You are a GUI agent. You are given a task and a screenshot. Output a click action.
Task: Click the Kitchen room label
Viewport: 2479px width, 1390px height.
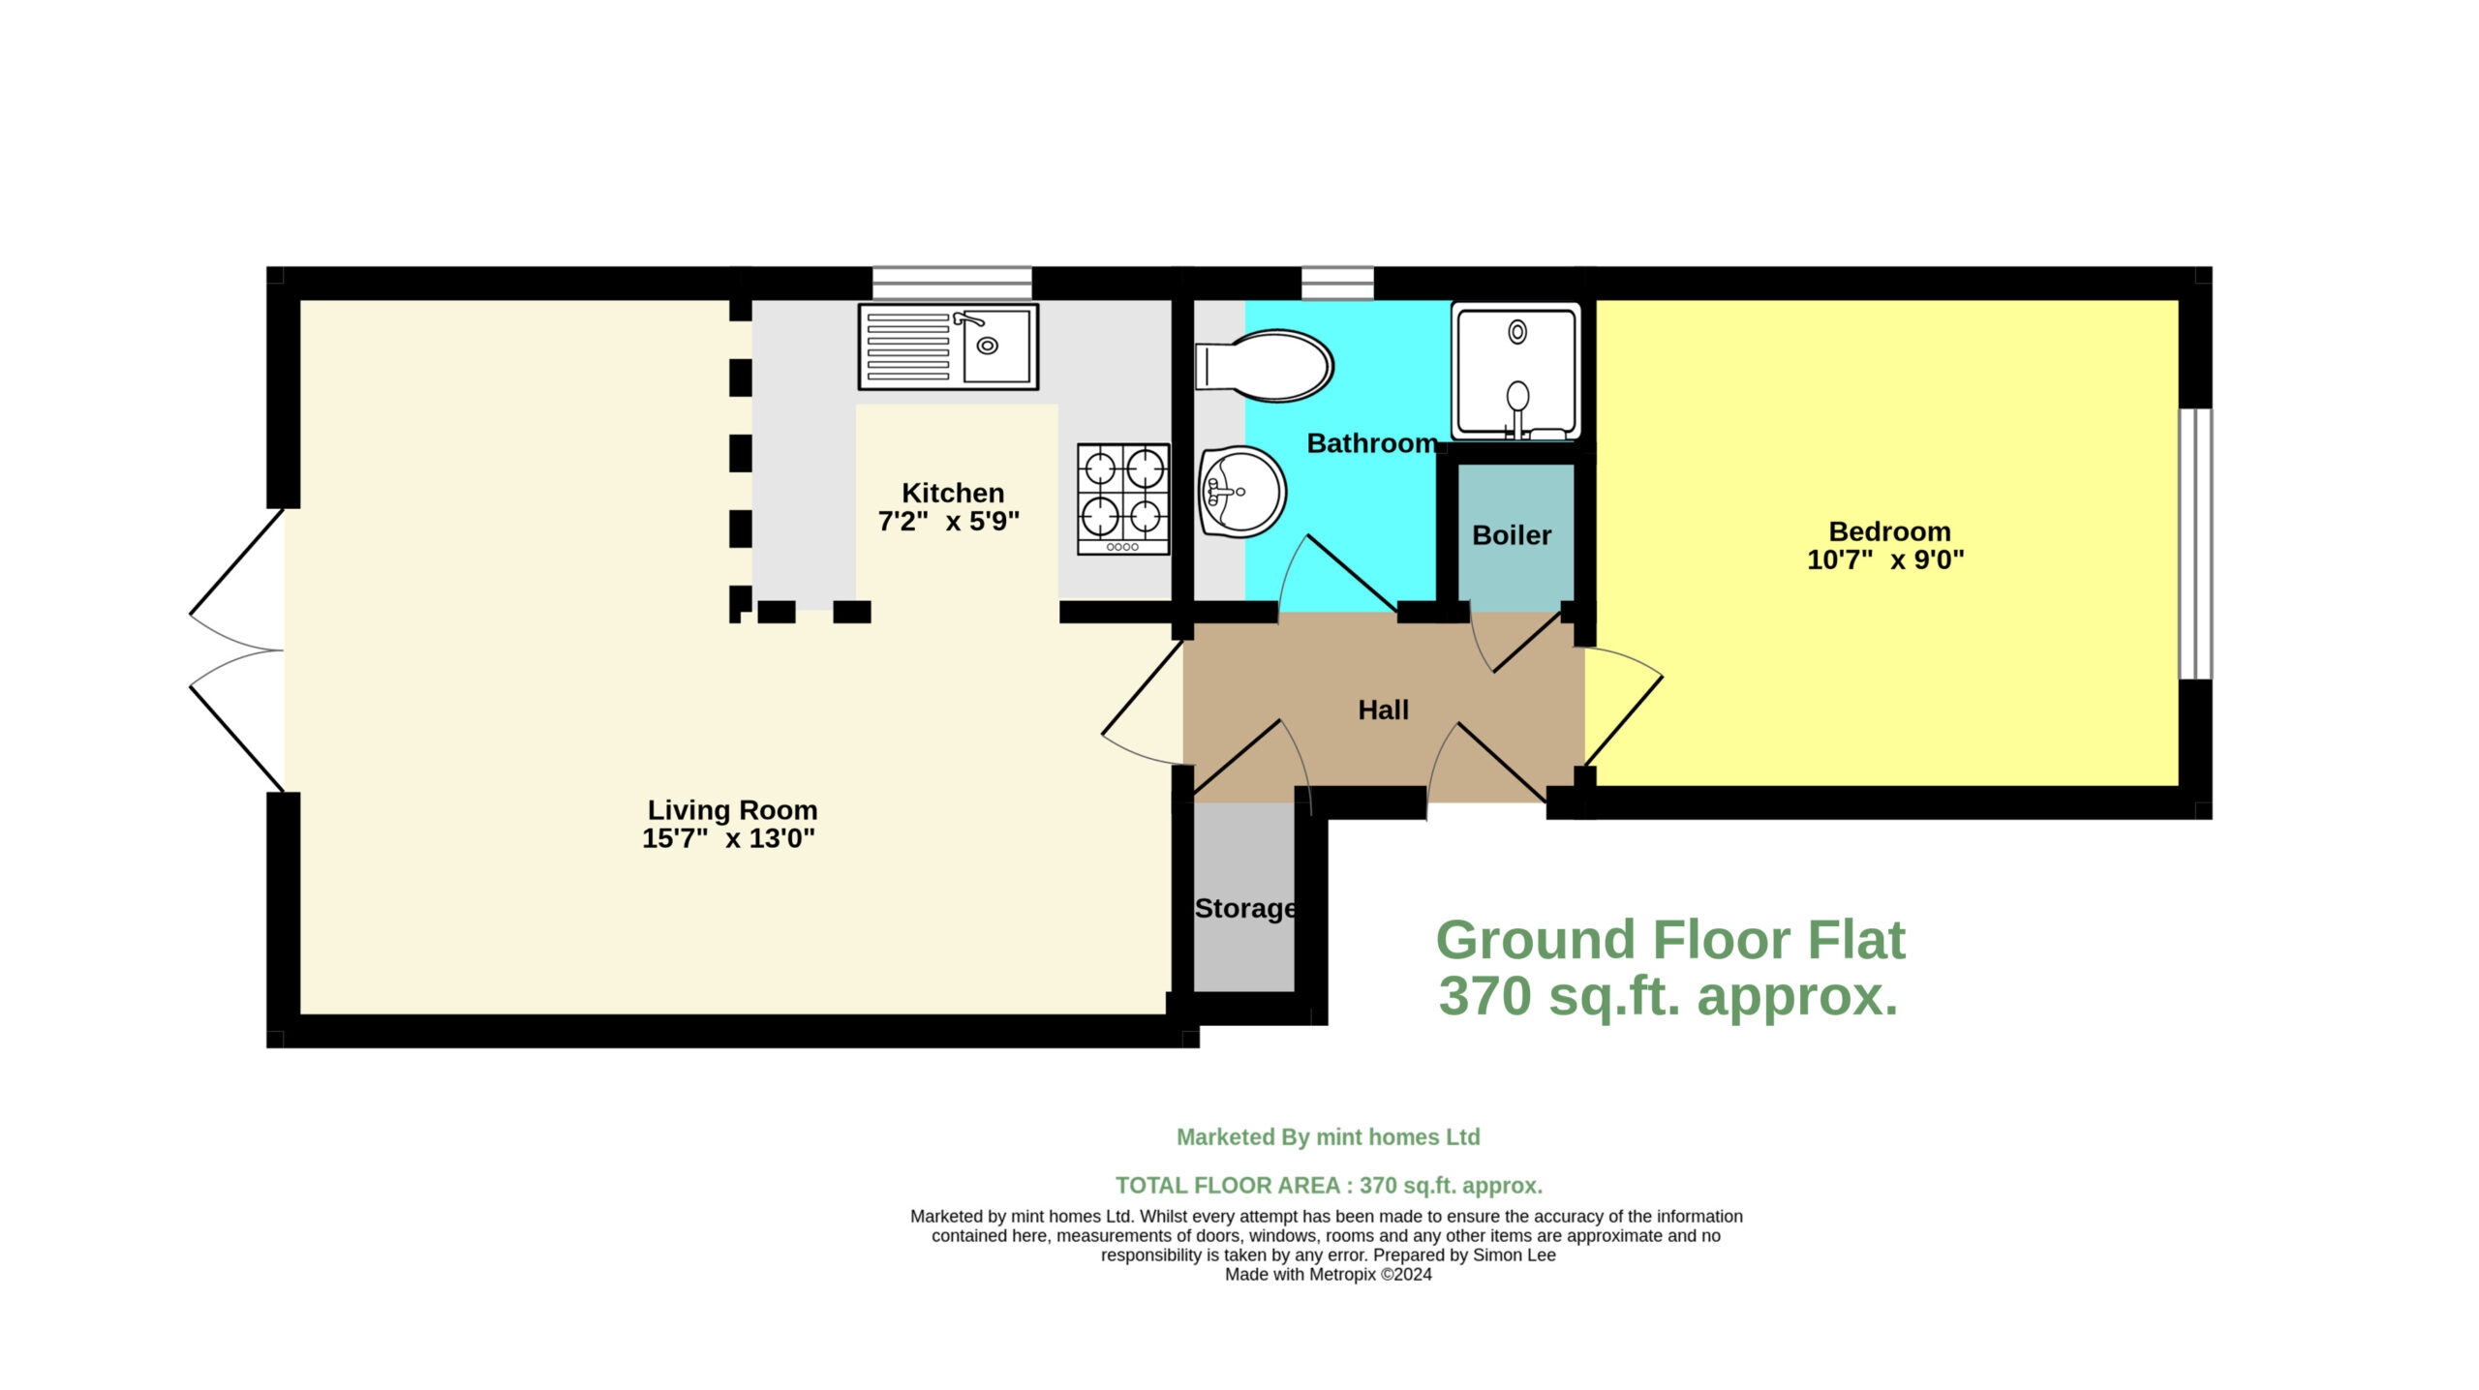click(952, 493)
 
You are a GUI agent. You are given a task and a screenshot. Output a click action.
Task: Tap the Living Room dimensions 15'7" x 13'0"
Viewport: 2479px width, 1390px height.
click(729, 838)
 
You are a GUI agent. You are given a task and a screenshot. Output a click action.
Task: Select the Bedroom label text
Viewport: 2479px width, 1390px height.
click(1889, 531)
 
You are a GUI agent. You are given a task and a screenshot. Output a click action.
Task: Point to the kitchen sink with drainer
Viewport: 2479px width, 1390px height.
click(948, 347)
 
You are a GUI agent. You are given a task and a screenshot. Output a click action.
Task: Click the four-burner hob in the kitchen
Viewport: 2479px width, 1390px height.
click(1123, 499)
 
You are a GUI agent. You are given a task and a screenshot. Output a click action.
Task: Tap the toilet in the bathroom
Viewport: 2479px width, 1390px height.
click(1264, 366)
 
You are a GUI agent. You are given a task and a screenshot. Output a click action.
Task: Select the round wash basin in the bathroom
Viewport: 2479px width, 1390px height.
click(1242, 492)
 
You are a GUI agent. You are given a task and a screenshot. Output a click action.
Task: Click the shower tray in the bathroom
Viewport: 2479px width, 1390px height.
click(1516, 372)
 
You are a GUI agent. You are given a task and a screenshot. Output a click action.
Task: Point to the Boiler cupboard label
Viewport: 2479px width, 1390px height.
click(1512, 535)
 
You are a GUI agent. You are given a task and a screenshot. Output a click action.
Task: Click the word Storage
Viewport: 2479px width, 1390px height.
click(1245, 909)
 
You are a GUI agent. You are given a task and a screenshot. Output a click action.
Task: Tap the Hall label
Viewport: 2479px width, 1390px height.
click(1383, 710)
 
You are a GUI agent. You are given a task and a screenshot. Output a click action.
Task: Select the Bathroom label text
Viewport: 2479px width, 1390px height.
click(1372, 443)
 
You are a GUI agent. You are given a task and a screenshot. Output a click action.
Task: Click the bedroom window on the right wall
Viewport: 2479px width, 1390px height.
click(2195, 544)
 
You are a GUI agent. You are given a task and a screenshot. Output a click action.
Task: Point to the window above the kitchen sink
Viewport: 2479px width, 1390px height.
click(952, 284)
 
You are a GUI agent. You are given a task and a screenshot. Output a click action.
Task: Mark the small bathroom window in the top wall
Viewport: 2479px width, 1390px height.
click(1337, 284)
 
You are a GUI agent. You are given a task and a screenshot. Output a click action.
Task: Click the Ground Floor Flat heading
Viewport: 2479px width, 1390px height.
click(1670, 940)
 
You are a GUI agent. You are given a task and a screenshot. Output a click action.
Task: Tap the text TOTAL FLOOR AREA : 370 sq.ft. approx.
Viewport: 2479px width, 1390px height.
click(1329, 1186)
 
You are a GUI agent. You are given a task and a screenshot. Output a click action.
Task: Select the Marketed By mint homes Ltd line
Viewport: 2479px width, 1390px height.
click(1329, 1137)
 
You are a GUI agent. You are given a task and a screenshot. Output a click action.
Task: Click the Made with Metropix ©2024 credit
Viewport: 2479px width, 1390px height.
click(1329, 1275)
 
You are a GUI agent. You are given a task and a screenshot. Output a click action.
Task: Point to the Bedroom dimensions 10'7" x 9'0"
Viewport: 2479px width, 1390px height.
click(1885, 559)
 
